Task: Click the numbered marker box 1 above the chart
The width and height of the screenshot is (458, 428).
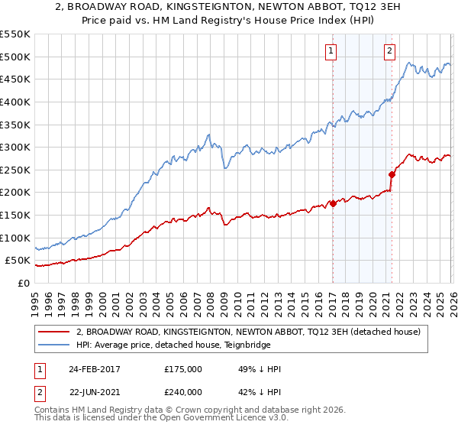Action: [x=332, y=51]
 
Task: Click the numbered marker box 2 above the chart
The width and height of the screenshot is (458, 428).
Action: [x=389, y=51]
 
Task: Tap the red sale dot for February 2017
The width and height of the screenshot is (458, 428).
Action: [x=333, y=203]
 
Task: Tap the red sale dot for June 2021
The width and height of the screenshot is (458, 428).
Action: [x=392, y=174]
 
